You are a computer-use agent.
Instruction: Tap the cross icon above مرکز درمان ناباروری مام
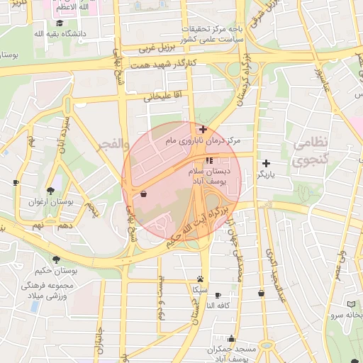tap(203, 129)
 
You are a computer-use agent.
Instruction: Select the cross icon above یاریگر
tap(266, 163)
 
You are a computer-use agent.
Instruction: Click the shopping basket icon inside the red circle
tap(144, 194)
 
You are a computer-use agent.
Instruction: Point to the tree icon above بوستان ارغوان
tap(50, 190)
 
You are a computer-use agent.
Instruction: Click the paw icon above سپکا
tap(201, 279)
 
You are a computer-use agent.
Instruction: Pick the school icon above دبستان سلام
tap(208, 160)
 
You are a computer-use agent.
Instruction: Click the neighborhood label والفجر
tap(113, 146)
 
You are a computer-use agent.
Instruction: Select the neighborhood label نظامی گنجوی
tap(311, 152)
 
